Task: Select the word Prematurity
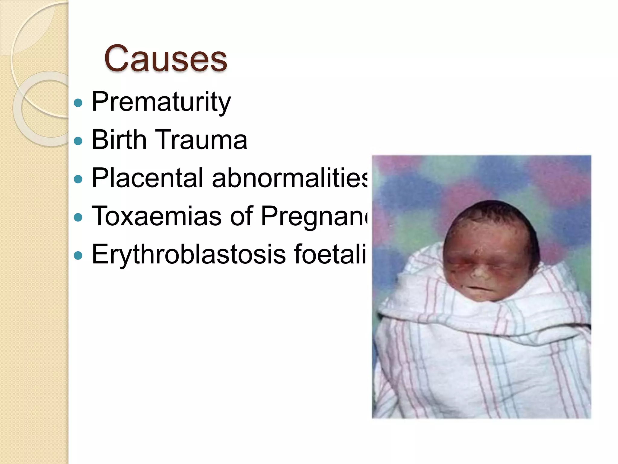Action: tap(161, 102)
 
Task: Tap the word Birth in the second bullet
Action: tap(119, 140)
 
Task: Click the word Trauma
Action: tap(201, 140)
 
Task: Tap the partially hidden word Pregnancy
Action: tap(314, 216)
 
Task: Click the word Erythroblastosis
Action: tap(189, 254)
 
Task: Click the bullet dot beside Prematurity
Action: tap(78, 103)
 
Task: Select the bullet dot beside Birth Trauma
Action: tap(78, 141)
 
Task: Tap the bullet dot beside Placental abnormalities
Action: tap(78, 179)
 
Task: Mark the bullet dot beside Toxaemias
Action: tap(78, 217)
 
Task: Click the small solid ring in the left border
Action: tap(45, 109)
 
